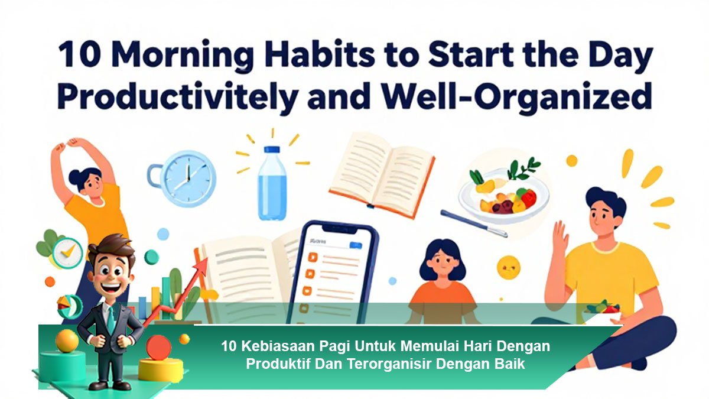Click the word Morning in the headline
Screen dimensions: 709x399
click(182, 56)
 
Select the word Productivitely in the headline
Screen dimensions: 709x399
click(178, 96)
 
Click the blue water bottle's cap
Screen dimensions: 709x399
click(272, 150)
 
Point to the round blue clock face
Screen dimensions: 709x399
click(188, 179)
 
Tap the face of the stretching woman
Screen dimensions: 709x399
click(92, 184)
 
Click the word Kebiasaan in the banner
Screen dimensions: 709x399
click(278, 346)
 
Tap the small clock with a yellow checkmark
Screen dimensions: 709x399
click(67, 253)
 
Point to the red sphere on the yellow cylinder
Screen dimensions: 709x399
click(158, 348)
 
